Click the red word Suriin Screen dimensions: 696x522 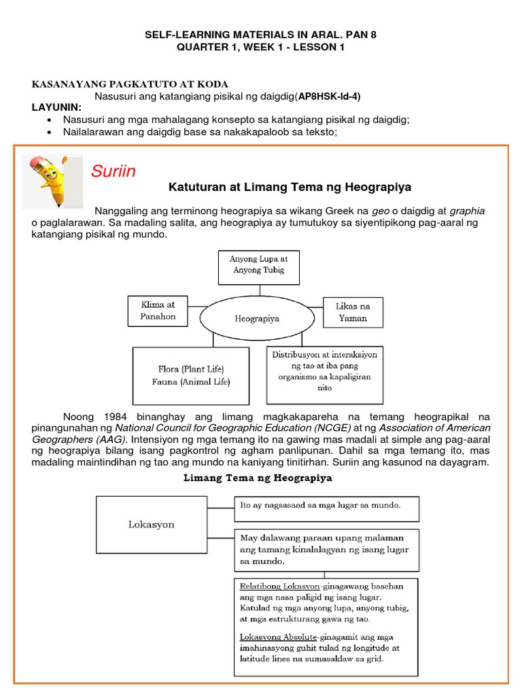pyautogui.click(x=114, y=171)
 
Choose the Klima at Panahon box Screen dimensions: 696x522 pyautogui.click(x=158, y=311)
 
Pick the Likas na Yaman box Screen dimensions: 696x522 pyautogui.click(x=352, y=312)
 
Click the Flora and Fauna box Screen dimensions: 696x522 pyautogui.click(x=192, y=376)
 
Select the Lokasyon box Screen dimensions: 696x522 pyautogui.click(x=152, y=525)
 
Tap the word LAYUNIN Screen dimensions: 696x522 pyautogui.click(x=56, y=107)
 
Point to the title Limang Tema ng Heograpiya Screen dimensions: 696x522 pyautogui.click(x=258, y=478)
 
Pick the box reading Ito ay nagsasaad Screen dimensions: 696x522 pyautogui.click(x=326, y=506)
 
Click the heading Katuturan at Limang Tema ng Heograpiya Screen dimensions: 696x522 pyautogui.click(x=289, y=187)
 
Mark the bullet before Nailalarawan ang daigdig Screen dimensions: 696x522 pyautogui.click(x=51, y=132)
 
